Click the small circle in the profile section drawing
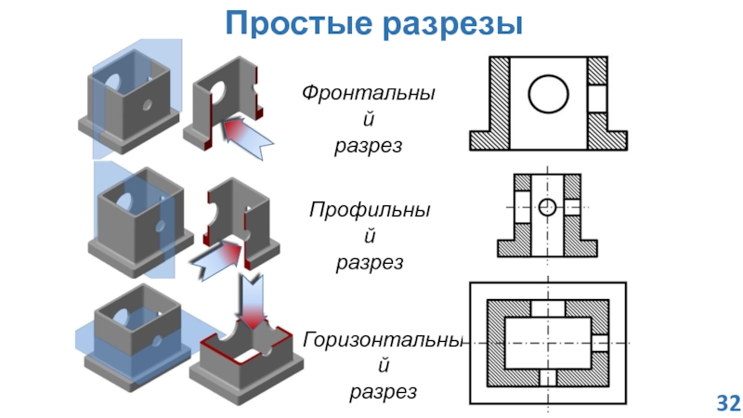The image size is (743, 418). (x=548, y=205)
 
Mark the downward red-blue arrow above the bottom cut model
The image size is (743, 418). (x=252, y=295)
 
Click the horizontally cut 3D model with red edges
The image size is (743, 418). (x=245, y=358)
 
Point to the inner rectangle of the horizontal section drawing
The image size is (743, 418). (x=547, y=342)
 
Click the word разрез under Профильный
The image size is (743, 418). (x=369, y=263)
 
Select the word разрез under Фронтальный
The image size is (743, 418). (x=369, y=146)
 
